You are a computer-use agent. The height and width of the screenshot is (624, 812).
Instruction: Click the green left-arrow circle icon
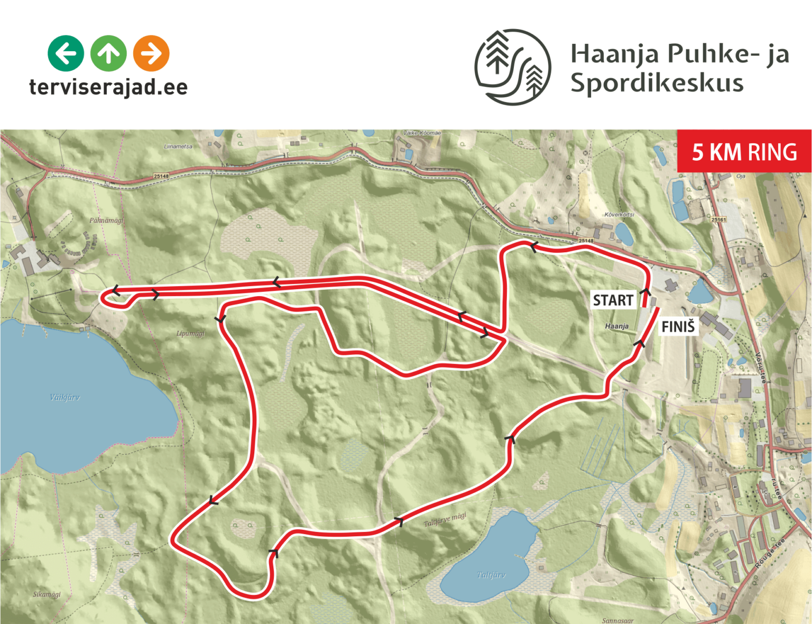pos(66,53)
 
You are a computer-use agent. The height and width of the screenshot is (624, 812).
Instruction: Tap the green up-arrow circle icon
pos(108,53)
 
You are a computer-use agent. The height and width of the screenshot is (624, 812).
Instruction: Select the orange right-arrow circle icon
pos(151,53)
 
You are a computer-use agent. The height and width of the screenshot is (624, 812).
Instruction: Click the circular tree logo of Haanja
pos(512,67)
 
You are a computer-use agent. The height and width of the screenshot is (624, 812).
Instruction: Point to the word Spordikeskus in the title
pos(657,84)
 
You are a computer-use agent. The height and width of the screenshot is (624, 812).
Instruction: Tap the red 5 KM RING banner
pos(744,152)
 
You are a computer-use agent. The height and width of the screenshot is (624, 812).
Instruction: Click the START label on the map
pos(613,300)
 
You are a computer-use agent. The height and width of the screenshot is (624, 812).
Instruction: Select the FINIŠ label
pos(678,326)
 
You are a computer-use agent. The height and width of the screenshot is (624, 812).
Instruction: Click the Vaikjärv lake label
pos(65,397)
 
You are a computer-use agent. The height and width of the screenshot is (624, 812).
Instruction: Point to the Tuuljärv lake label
pos(491,575)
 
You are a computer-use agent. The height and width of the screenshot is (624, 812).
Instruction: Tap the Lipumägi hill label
pos(190,334)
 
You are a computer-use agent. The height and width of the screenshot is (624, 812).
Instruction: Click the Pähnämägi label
pos(106,220)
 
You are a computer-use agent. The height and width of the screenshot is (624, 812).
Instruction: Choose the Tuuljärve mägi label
pos(445,520)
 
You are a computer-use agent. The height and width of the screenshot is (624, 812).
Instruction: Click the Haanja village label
pos(617,326)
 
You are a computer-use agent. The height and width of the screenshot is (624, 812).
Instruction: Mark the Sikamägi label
pos(47,594)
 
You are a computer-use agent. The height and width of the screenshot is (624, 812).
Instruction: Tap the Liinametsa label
pos(178,146)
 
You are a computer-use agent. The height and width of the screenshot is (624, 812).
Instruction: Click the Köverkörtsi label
pos(619,215)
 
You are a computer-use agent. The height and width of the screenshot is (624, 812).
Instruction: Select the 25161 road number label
pos(718,219)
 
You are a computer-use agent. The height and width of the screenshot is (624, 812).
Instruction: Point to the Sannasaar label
pos(617,620)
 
